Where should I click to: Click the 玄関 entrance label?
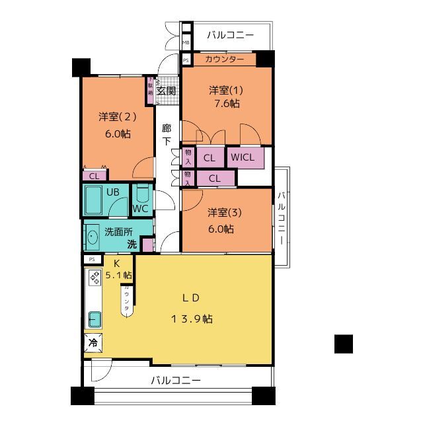point(167,91)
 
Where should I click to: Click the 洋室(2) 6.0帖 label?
point(117,125)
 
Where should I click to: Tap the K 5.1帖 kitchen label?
point(118,268)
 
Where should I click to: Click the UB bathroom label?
point(113,192)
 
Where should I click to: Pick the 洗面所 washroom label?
point(119,232)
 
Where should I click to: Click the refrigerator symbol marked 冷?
point(93,344)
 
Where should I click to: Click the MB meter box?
point(186,42)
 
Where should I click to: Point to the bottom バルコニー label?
point(175,380)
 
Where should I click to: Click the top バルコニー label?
point(229,35)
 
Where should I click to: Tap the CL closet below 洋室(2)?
point(94,176)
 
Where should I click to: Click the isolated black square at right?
point(343,344)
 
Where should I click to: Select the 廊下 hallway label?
point(167,134)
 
